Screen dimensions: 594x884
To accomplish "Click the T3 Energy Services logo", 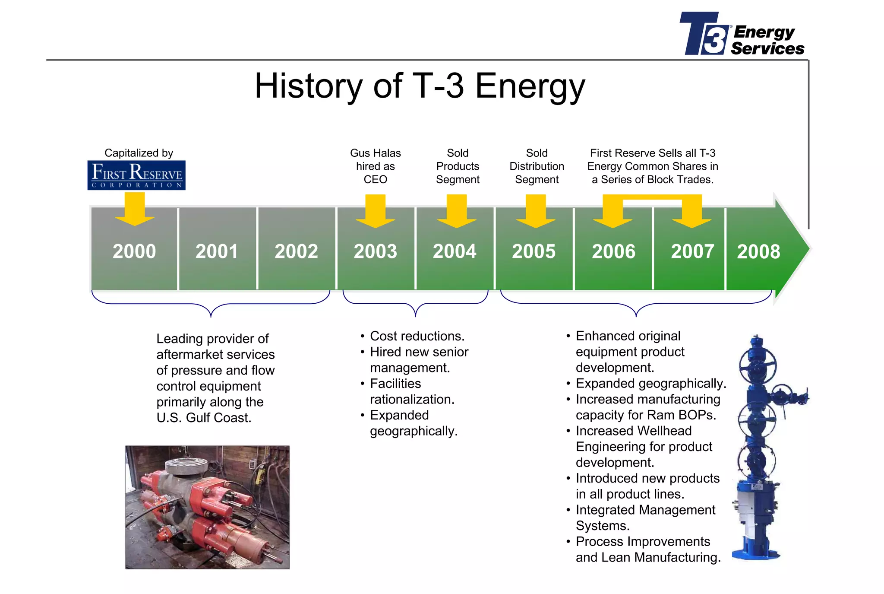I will (741, 34).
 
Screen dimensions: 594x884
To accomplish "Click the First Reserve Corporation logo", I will (136, 175).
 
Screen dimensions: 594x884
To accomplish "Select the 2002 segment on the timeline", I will (296, 251).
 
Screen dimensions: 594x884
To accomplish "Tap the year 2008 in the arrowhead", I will (758, 251).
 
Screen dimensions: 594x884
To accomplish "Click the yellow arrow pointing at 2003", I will (375, 211).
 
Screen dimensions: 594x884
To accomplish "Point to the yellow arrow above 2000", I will (135, 209).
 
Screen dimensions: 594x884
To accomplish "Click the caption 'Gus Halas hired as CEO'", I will (375, 166).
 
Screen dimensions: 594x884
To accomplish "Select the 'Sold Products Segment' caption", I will (458, 166).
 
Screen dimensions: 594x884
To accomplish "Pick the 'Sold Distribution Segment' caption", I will (537, 166).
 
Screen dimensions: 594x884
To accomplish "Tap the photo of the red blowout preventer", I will (207, 507).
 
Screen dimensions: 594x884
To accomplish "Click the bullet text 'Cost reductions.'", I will (417, 336).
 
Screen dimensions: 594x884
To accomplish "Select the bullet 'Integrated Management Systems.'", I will (645, 518).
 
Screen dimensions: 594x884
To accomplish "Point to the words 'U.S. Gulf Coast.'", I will (204, 418).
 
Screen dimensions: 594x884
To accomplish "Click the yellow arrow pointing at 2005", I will (536, 211).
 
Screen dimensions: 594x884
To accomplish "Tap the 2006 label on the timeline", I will (613, 251).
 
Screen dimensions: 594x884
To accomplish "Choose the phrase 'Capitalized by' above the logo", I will (139, 153).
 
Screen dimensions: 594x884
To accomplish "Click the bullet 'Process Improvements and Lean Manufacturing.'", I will (647, 550).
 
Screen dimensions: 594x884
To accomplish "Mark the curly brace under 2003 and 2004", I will (415, 305).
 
